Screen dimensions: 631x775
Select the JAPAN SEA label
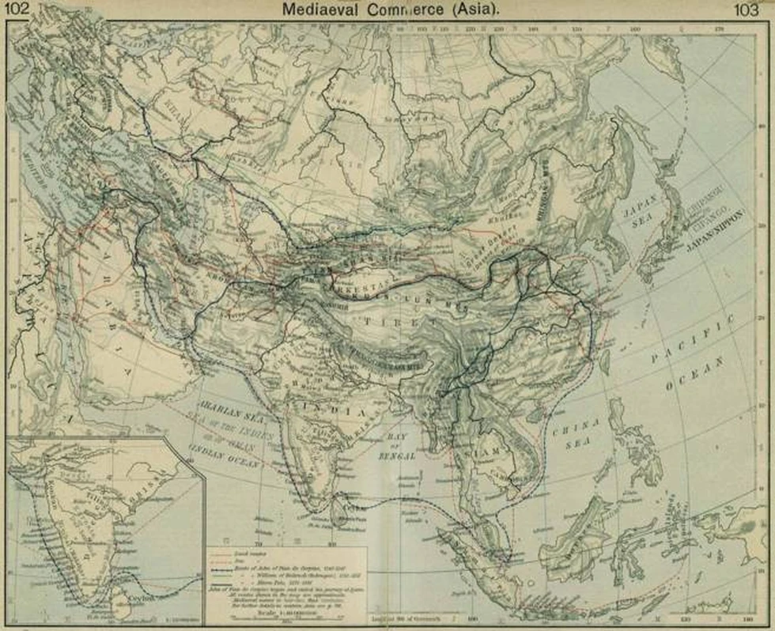[635, 217]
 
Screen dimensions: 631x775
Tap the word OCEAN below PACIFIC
[697, 375]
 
